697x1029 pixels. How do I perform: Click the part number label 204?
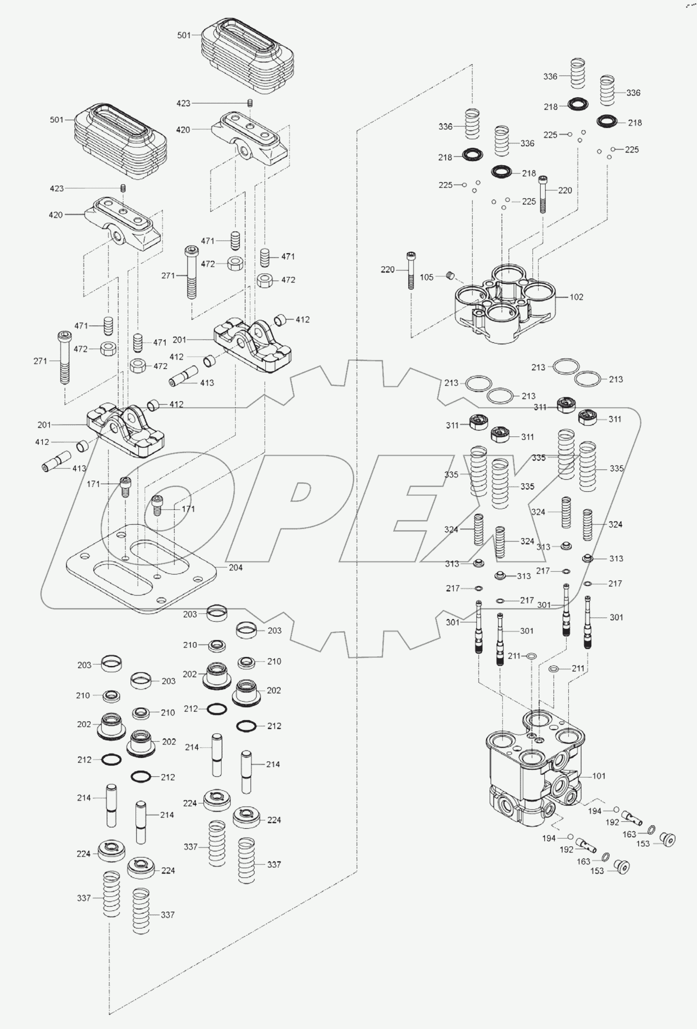click(x=235, y=568)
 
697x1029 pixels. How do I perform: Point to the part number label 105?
click(x=426, y=277)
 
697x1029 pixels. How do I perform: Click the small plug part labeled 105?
click(x=450, y=275)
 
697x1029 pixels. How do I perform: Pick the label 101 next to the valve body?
click(x=598, y=775)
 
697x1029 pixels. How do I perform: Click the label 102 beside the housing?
click(x=576, y=297)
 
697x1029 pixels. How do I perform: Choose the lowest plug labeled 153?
click(x=622, y=867)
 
